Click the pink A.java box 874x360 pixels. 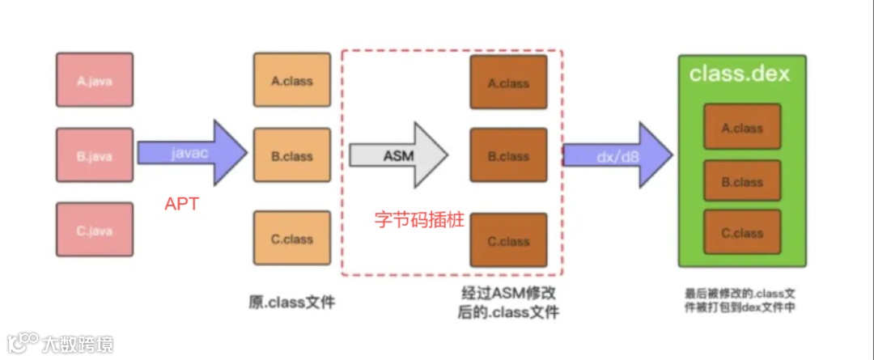(95, 80)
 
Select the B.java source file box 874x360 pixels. (95, 155)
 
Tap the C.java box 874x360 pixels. (95, 230)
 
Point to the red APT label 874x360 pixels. (181, 205)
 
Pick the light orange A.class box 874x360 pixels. (291, 80)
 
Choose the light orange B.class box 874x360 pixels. (291, 155)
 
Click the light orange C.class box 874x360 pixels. (291, 239)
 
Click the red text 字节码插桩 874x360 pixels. (419, 219)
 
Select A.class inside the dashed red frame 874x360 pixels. (508, 83)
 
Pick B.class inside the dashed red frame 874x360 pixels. (508, 156)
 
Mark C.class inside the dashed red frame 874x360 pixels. (508, 241)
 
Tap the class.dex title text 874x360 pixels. (740, 74)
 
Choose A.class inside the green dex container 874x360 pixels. (742, 127)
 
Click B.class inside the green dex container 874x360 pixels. (742, 181)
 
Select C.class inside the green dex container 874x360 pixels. (742, 232)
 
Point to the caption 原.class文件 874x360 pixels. (291, 303)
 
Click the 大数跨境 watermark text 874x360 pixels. (77, 344)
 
